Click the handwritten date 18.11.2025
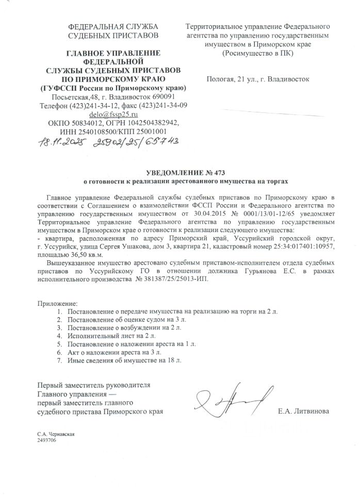tap(60, 142)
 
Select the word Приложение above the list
tap(56, 303)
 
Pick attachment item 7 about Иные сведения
tap(125, 360)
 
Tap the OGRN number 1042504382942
tap(151, 123)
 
